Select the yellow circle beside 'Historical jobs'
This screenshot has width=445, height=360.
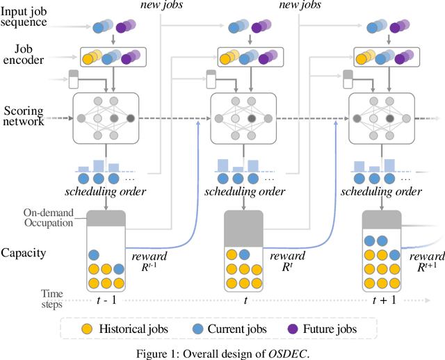pyautogui.click(x=86, y=327)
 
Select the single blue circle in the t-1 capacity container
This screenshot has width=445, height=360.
pyautogui.click(x=94, y=254)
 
